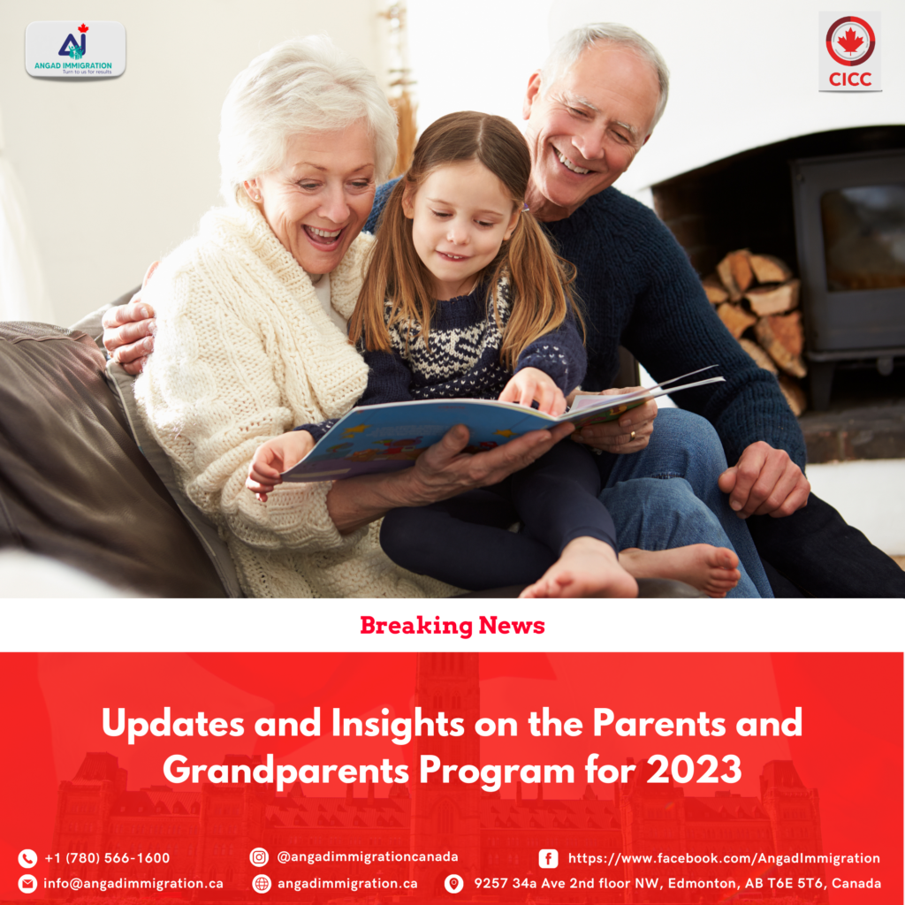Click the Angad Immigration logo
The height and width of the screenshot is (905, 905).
point(76,49)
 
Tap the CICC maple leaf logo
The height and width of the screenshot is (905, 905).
point(850,51)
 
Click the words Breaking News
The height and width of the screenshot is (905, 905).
point(452,626)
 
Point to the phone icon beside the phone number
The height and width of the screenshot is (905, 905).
point(27,858)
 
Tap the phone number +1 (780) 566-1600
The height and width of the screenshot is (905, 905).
point(107,858)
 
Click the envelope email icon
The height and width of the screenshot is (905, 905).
point(27,884)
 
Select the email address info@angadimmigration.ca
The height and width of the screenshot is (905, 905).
point(133,884)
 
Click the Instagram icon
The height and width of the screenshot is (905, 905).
point(259,857)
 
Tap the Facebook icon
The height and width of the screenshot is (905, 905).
point(548,859)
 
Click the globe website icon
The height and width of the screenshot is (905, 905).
point(262,884)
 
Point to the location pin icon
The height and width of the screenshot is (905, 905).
point(453,884)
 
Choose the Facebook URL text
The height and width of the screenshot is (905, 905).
point(725,859)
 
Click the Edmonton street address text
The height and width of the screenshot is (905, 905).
point(678,884)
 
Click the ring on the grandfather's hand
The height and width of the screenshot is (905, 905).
point(634,435)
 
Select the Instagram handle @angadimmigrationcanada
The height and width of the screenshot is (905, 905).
point(368,857)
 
